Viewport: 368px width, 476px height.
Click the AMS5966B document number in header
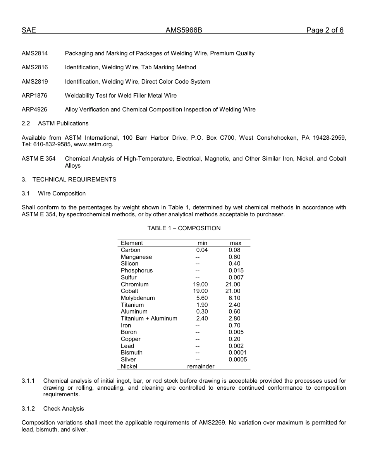click(184, 31)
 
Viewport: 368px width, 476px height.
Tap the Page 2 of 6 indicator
click(325, 31)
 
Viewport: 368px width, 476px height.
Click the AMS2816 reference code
click(35, 67)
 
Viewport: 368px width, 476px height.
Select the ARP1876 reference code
click(34, 96)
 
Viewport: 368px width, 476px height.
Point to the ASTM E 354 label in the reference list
click(38, 159)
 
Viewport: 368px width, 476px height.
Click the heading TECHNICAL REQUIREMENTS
click(74, 180)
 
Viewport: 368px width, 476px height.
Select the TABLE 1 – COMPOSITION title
click(184, 228)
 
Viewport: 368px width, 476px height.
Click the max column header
click(236, 243)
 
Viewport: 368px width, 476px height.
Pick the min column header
click(202, 243)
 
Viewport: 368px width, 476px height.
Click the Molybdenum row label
click(138, 298)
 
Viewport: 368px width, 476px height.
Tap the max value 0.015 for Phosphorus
click(236, 271)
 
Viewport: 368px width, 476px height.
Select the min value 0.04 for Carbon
click(202, 250)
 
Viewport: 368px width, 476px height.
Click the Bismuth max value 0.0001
click(237, 353)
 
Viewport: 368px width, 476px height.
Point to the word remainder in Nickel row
click(201, 366)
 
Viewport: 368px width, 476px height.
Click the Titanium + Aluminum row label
click(149, 318)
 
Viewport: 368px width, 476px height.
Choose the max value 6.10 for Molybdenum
click(234, 298)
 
